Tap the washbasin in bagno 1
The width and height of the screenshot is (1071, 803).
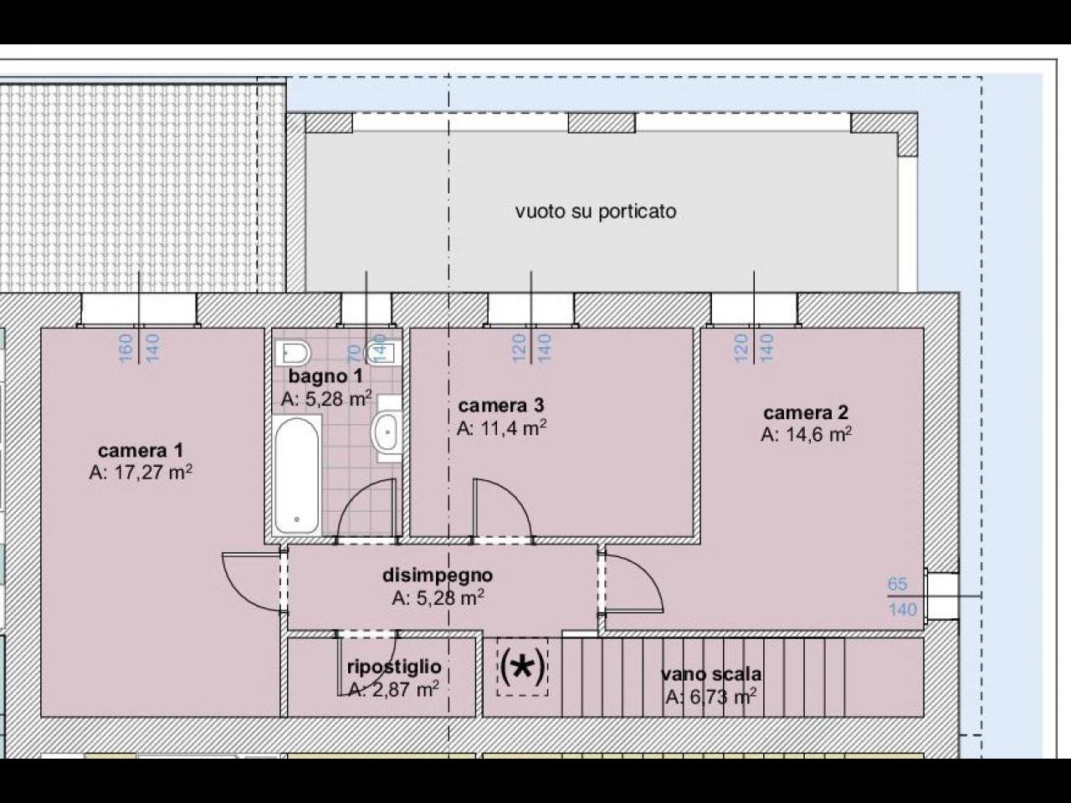click(387, 432)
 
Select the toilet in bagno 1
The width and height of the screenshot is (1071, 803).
click(293, 353)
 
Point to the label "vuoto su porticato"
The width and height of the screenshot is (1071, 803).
click(596, 211)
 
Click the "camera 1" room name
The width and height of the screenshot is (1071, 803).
click(141, 450)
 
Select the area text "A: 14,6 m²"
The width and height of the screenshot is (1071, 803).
click(806, 434)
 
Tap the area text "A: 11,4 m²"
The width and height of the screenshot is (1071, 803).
click(501, 427)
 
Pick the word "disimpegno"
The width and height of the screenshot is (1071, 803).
click(438, 575)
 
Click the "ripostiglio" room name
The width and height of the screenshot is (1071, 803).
click(394, 667)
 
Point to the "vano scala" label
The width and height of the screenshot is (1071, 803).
click(711, 674)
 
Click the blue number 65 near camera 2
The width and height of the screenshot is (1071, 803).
click(897, 584)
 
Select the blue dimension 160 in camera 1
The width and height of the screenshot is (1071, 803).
click(126, 348)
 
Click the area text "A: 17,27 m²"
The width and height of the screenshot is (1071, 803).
click(141, 472)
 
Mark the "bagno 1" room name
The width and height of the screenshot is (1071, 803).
click(325, 376)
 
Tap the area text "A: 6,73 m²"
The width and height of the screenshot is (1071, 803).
click(711, 698)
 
